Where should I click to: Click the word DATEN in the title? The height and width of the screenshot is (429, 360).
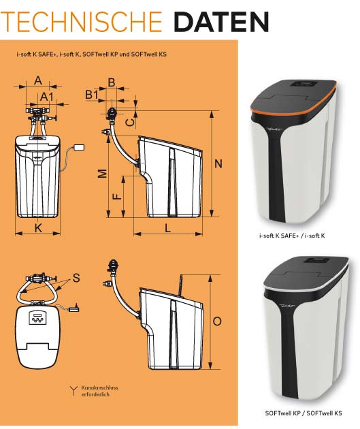point(221,22)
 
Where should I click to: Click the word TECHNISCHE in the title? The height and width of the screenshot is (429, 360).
point(82,22)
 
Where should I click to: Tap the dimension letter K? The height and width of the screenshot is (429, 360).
point(38,227)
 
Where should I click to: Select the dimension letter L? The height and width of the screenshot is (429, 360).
point(167,228)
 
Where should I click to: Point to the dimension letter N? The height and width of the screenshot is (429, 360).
point(218,164)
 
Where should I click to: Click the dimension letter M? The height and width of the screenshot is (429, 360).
point(102,174)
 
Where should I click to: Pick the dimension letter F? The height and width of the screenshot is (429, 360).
point(117,196)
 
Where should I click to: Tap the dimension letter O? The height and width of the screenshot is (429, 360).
point(217,321)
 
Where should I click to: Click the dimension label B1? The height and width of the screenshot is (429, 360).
point(92,95)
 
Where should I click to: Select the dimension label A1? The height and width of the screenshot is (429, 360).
point(47,97)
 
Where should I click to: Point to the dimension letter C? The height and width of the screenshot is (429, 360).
point(131,122)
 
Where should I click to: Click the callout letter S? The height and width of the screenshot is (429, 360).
point(76,278)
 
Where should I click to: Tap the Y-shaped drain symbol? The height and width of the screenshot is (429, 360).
point(73,391)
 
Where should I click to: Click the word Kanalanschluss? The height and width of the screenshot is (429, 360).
point(99,387)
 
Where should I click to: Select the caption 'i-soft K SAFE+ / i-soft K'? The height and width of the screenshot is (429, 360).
point(292,236)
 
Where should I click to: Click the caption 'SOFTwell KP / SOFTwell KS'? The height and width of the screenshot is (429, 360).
point(304,413)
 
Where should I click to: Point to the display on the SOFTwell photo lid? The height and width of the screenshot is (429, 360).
point(316,260)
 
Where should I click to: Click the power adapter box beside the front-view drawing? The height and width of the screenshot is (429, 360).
point(79,148)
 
